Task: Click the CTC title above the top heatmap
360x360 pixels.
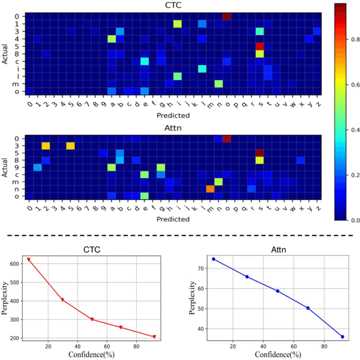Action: point(173,6)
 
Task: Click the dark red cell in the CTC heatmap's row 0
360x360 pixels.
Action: point(227,16)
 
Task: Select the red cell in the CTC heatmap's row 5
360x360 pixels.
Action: point(259,46)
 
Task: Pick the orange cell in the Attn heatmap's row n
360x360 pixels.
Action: point(210,188)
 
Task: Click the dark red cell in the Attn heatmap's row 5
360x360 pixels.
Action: point(259,153)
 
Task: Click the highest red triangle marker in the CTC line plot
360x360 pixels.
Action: point(29,260)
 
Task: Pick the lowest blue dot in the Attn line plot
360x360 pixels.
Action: point(342,337)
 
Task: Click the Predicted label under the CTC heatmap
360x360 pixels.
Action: point(173,115)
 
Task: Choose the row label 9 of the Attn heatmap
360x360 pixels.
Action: point(18,167)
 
